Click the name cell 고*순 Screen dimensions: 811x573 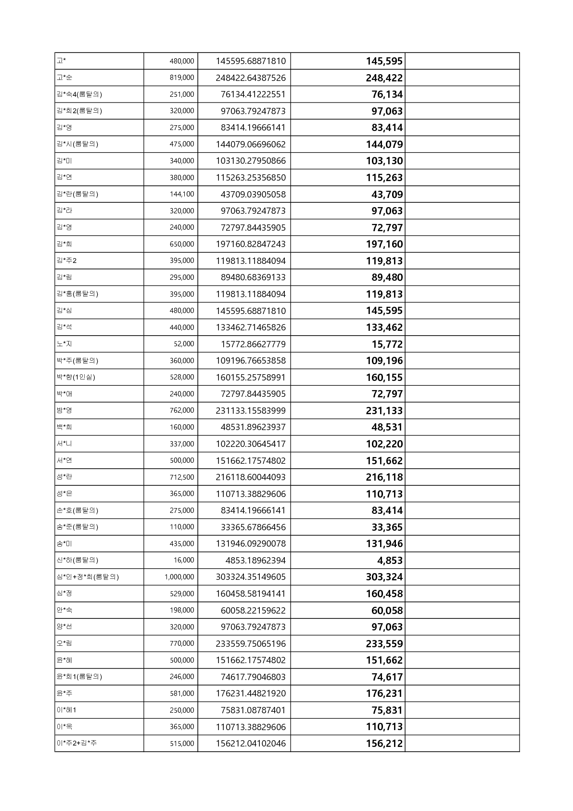pos(64,78)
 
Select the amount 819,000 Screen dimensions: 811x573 pos(182,78)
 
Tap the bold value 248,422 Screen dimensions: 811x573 pos(384,78)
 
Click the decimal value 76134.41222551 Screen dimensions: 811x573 pos(253,94)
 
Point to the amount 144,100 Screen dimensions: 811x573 pos(182,194)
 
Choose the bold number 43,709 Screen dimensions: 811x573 pos(387,195)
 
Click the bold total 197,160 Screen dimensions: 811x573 pos(384,244)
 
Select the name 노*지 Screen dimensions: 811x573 pos(64,344)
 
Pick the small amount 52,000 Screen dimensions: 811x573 pos(184,344)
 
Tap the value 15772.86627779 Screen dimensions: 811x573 pos(253,344)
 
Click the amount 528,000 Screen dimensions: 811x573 pos(182,377)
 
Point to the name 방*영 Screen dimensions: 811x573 pos(64,410)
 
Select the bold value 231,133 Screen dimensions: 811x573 pos(384,411)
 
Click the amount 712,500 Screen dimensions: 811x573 pos(182,477)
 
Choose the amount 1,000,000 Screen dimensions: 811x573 pos(179,577)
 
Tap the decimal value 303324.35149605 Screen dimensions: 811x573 pos(251,577)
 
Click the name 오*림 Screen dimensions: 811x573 pos(64,643)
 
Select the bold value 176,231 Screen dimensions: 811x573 pos(384,693)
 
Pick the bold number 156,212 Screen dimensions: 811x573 pos(384,744)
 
